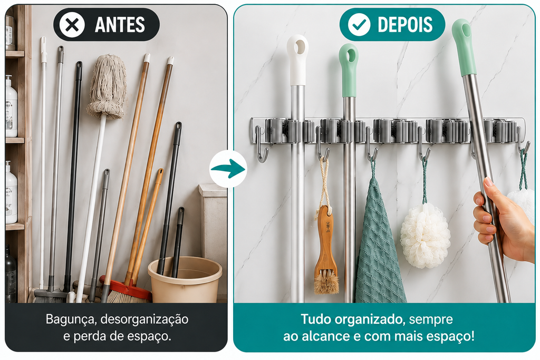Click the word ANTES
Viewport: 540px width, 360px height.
(x=120, y=25)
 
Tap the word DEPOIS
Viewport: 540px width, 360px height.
(x=404, y=25)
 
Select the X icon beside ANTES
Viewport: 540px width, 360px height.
(x=72, y=24)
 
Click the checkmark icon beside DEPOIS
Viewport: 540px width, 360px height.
(x=359, y=24)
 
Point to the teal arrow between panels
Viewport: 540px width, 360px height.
(x=228, y=169)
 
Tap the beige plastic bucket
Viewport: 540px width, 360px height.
(x=185, y=279)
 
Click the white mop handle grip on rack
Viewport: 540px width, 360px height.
(x=297, y=60)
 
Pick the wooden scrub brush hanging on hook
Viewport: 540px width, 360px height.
(x=325, y=248)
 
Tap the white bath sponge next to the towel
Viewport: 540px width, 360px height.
(x=426, y=235)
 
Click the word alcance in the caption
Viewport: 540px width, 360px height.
(x=322, y=336)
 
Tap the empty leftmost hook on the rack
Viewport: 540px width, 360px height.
(x=261, y=144)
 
